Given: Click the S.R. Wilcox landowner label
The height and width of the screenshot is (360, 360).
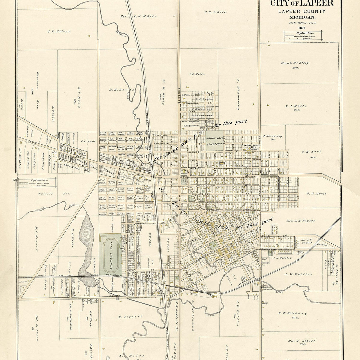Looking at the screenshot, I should [59, 31].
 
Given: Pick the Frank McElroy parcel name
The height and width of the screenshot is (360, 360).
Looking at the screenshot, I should [294, 63].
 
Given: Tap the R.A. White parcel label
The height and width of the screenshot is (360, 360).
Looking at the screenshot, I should [296, 106].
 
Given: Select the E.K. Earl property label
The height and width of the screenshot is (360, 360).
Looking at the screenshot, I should [311, 152].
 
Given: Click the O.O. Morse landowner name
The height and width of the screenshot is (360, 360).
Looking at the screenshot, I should [316, 193].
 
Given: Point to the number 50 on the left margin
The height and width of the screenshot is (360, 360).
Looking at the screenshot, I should [14, 180].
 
